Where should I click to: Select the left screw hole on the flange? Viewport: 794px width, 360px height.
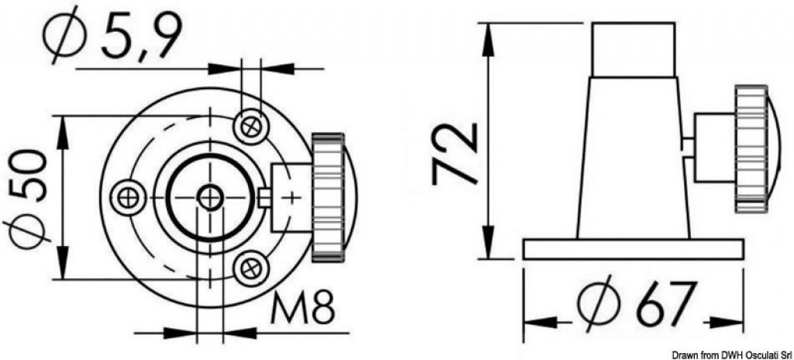click(x=129, y=197)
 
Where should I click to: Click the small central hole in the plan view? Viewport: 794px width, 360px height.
click(x=209, y=197)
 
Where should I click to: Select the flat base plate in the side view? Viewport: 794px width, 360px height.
click(x=633, y=250)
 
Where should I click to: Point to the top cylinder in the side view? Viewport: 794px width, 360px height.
click(x=633, y=49)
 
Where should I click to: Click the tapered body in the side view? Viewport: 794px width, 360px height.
click(x=633, y=157)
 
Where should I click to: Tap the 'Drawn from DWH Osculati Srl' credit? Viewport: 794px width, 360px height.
click(x=732, y=355)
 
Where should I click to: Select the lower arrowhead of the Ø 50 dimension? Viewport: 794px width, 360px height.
click(x=63, y=264)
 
